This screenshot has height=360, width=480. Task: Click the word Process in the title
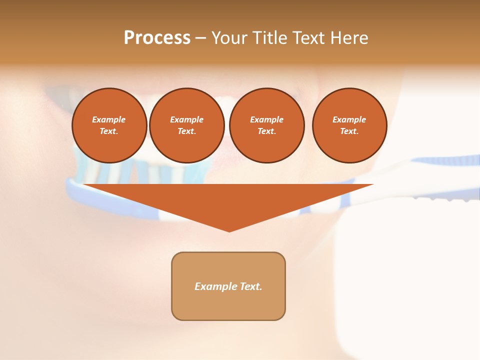pyautogui.click(x=157, y=38)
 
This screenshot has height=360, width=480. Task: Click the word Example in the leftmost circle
pyautogui.click(x=109, y=119)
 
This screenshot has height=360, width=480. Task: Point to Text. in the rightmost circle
pyautogui.click(x=349, y=131)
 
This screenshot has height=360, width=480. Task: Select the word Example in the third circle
pyautogui.click(x=266, y=119)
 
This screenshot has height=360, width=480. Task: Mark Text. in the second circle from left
pyautogui.click(x=187, y=131)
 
